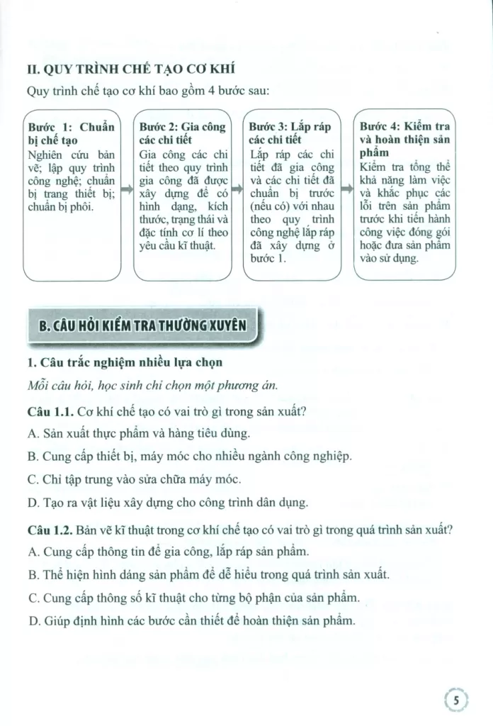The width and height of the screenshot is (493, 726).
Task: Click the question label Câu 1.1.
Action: click(49, 411)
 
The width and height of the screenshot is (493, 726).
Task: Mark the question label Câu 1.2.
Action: click(49, 529)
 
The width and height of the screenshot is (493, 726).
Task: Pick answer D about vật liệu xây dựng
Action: click(166, 503)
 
